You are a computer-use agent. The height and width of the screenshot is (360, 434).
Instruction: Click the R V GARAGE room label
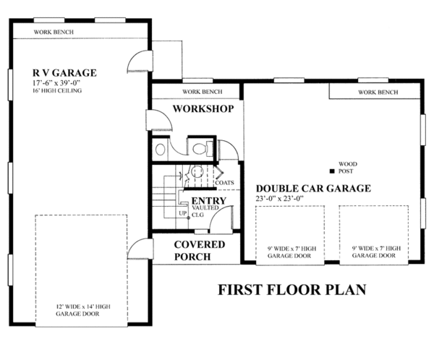(64, 73)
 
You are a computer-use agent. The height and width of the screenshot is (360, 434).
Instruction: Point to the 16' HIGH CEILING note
(56, 92)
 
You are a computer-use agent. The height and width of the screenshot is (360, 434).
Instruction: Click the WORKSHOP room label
(203, 109)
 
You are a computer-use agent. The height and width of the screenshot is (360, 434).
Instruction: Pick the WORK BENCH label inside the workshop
(202, 92)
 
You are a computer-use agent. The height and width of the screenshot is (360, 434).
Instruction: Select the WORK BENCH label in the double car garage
(377, 93)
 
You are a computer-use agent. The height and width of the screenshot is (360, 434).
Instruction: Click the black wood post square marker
(331, 172)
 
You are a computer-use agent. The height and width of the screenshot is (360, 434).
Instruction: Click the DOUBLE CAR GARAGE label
(312, 189)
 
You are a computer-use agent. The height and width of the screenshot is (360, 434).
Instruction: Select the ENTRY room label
(208, 201)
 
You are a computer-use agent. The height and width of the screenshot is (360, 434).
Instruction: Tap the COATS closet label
(223, 183)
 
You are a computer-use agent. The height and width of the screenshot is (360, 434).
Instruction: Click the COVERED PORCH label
(199, 250)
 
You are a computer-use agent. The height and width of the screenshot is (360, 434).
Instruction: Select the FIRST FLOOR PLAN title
(292, 290)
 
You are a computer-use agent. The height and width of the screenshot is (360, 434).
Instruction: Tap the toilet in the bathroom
(198, 149)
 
